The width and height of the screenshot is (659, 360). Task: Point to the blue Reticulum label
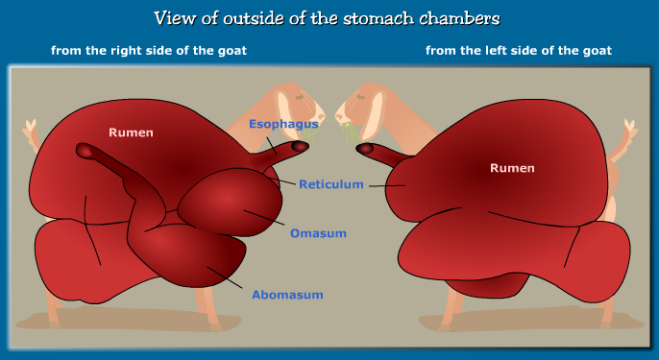tap(329, 184)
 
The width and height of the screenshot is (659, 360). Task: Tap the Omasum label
tap(318, 233)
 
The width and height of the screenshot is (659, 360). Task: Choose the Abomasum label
tap(287, 295)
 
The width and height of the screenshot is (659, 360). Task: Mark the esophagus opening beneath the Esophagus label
tap(301, 146)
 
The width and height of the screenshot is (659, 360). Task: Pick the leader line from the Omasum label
tap(265, 218)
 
